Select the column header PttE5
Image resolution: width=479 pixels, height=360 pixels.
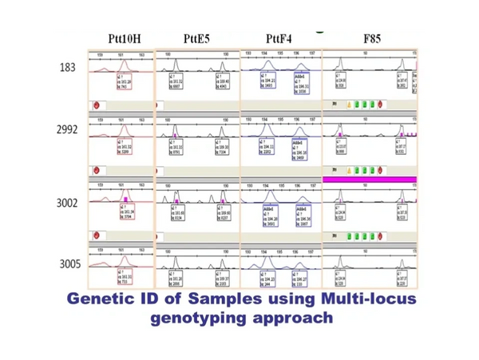pos(197,38)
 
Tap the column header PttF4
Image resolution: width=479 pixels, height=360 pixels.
pos(280,38)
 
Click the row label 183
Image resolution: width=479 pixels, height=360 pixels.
pos(68,67)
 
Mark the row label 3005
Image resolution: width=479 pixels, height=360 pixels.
pos(67,263)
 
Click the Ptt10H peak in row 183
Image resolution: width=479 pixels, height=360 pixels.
pos(123,64)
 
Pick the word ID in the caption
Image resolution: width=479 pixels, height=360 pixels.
pos(152,299)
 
